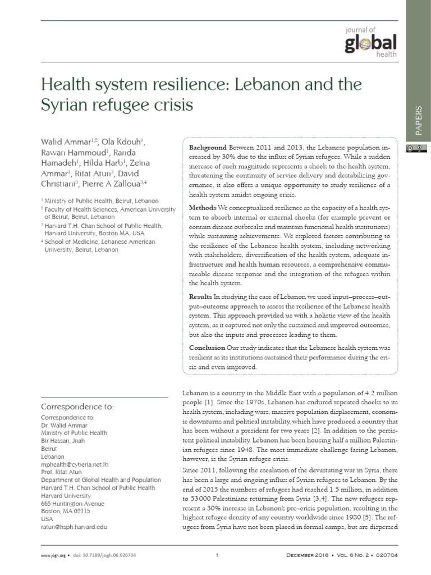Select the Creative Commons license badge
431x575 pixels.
[x=414, y=148]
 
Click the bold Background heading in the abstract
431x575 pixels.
[x=208, y=147]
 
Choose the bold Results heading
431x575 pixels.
[x=201, y=296]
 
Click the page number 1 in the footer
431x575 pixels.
[x=215, y=556]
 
